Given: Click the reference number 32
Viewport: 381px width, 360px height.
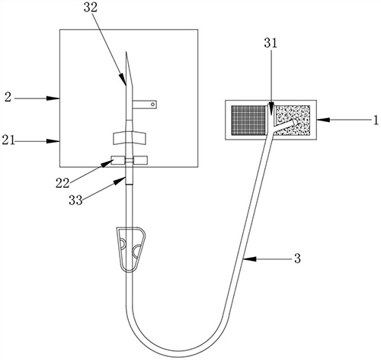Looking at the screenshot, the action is [x=91, y=8].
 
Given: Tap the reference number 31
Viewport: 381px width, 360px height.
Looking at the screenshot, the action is [x=271, y=43].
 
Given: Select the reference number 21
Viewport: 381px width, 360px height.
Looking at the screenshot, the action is [x=8, y=140].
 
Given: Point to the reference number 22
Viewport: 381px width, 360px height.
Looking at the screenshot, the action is [x=62, y=183].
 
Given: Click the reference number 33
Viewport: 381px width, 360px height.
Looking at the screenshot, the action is [x=75, y=201].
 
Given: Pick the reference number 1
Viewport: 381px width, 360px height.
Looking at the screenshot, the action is [x=376, y=121].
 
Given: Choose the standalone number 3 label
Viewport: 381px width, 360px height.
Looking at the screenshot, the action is [x=297, y=259].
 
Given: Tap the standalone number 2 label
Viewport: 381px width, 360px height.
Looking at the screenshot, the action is [x=8, y=98].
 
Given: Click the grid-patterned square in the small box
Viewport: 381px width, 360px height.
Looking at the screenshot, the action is [x=248, y=120].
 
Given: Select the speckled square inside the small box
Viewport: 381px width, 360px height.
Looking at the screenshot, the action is [x=293, y=121].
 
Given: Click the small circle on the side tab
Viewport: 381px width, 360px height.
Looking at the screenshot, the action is [x=152, y=104].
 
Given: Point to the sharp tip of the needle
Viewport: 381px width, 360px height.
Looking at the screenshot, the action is [x=126, y=52].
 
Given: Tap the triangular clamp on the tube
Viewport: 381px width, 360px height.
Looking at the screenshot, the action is [x=131, y=249].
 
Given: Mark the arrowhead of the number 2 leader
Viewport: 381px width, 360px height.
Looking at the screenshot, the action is [x=53, y=98].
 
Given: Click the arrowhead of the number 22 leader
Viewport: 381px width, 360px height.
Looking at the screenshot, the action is [x=107, y=163].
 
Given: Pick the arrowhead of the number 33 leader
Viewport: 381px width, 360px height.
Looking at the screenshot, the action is [x=120, y=181].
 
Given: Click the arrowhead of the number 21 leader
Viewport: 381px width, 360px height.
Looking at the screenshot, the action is [x=53, y=141].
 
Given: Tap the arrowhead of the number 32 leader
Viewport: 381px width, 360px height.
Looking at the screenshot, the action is [x=123, y=79].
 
